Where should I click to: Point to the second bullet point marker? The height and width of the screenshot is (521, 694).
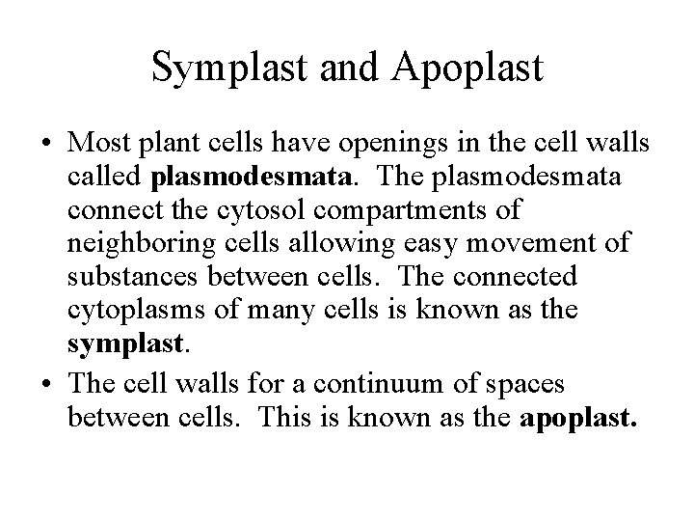(47, 384)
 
